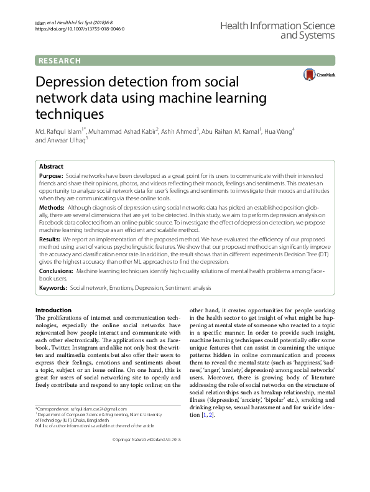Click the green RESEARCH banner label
(x=60, y=60)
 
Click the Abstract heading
(x=51, y=167)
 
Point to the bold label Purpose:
(x=51, y=177)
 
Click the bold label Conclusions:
(x=57, y=272)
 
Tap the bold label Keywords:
(x=53, y=289)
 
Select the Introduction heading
(x=53, y=310)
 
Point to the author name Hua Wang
(x=277, y=132)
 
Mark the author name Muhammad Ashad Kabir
(x=123, y=132)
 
